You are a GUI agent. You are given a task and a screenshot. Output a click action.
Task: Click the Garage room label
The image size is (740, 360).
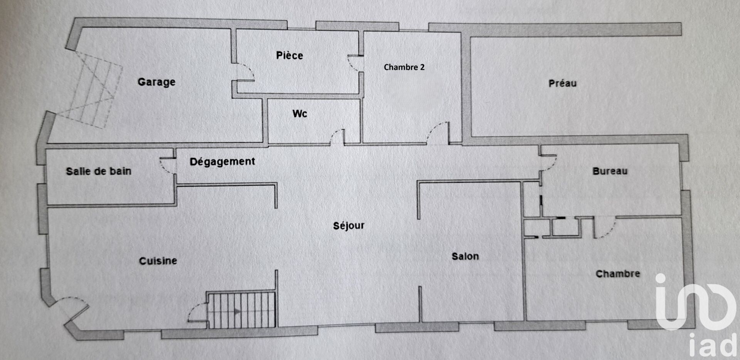point(156,82)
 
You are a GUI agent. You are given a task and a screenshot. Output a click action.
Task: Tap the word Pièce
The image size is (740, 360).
point(289,56)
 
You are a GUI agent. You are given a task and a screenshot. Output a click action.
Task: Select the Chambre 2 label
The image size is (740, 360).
point(404,67)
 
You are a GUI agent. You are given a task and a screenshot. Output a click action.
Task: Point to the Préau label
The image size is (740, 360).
point(562,83)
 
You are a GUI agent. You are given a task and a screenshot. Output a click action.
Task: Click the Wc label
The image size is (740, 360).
point(300,114)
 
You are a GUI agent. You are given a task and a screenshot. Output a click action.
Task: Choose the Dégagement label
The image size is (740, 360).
point(222,161)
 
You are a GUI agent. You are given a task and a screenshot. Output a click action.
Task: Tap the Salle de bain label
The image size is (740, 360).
point(99,171)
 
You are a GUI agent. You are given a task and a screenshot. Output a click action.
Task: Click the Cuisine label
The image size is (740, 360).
point(158,261)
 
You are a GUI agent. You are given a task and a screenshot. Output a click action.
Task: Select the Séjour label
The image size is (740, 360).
point(349,225)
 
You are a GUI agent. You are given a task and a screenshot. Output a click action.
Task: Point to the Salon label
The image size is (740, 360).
point(465,256)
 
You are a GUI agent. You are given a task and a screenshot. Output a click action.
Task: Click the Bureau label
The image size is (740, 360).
point(610,171)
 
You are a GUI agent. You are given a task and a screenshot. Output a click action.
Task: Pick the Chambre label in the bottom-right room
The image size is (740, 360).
point(618,274)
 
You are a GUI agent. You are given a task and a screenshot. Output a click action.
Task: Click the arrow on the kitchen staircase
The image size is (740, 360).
point(238,311)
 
